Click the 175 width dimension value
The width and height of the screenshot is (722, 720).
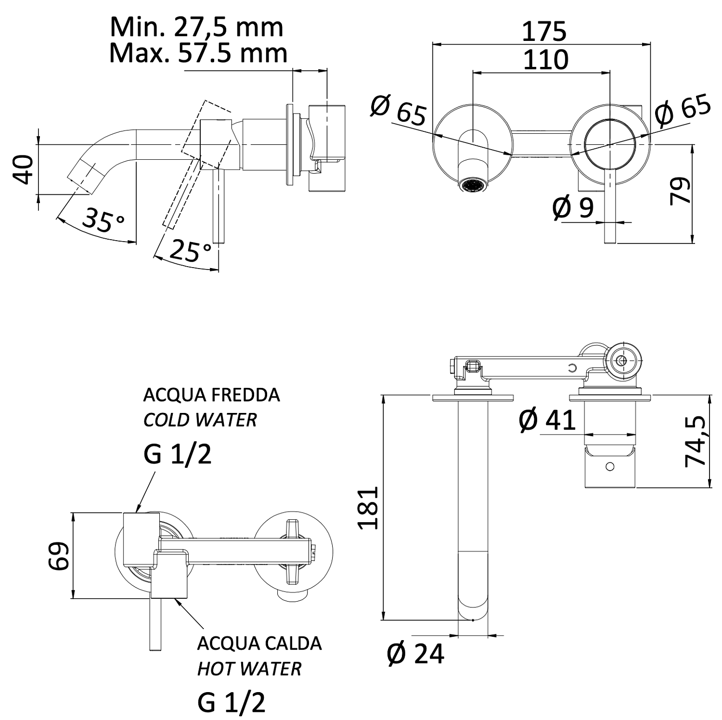pos(544,31)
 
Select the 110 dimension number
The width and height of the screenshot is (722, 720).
pos(545,60)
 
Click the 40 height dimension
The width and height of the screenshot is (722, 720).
pos(24,169)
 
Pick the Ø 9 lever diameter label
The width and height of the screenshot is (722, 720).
pos(573,207)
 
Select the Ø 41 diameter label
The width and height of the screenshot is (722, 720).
pos(547,420)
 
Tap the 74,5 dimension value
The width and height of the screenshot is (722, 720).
pos(695,441)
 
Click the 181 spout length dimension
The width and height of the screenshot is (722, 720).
pos(368,508)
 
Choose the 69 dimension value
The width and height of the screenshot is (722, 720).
pos(60,556)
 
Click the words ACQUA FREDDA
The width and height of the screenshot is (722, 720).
pos(211,395)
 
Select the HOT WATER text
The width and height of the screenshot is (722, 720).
pos(249,669)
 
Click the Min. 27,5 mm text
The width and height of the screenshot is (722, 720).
pos(196,27)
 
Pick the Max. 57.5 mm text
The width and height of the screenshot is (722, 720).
pos(198,53)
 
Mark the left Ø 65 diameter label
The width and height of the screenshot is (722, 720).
pos(399,110)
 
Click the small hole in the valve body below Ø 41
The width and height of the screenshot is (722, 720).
pos(610,466)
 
